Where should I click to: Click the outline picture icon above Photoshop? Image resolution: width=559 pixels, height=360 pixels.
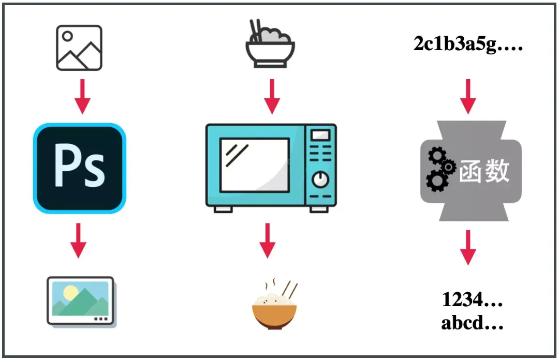coord(79,48)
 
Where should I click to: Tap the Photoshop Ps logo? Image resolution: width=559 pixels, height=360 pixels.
coord(80,168)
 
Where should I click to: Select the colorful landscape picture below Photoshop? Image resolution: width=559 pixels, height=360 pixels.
coord(81,302)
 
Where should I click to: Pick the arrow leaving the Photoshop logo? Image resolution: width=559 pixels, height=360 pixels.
coord(78,240)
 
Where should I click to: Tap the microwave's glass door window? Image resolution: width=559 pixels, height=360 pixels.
coord(255,165)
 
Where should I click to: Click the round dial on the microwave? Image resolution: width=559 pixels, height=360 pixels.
coord(320,179)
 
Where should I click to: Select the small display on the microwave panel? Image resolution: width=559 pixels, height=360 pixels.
coord(320,136)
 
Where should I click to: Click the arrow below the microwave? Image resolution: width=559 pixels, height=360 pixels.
coord(267,240)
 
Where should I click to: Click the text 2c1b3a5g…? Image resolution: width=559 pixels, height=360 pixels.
coord(468,45)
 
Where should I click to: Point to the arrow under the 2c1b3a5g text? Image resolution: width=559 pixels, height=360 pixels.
coord(468,97)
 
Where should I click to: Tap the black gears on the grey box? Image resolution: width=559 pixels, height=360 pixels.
coord(439,169)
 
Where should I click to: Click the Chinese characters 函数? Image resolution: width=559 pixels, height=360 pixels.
coord(484,171)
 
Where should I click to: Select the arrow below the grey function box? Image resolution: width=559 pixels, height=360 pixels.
coord(468,247)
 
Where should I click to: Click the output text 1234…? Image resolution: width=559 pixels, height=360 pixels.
coord(472,299)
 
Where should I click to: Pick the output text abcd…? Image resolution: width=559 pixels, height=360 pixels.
coord(472,323)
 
